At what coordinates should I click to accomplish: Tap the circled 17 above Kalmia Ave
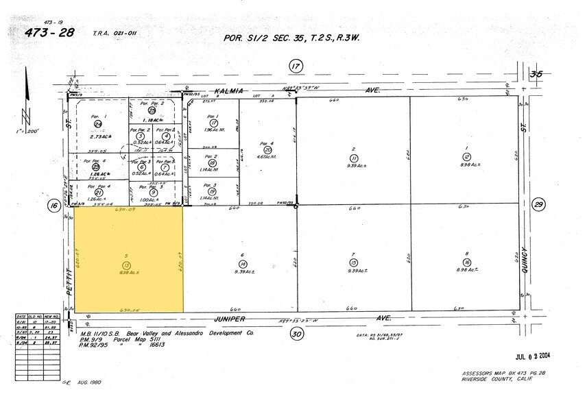(x=296, y=66)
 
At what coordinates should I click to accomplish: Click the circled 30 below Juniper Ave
(x=296, y=334)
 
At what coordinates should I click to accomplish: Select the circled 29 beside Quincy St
(x=538, y=204)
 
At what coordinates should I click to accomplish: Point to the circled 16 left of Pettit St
(x=53, y=204)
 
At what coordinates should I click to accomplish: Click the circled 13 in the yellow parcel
(x=126, y=265)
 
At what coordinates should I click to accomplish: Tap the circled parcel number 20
(x=268, y=150)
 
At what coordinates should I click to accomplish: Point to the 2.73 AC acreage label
(x=98, y=138)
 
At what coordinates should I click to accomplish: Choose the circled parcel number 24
(x=97, y=124)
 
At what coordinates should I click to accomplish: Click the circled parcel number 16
(x=466, y=262)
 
